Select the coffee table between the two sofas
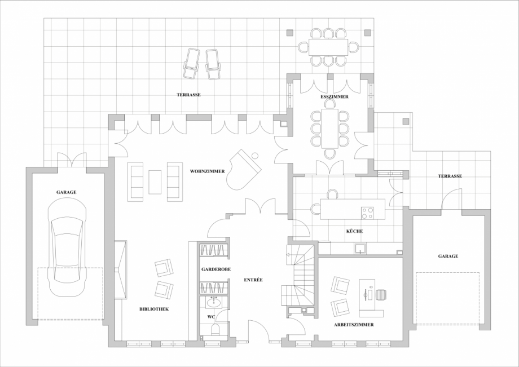[x=155, y=182]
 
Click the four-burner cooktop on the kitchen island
[x=368, y=213]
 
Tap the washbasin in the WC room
[x=213, y=303]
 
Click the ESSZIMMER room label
[x=334, y=97]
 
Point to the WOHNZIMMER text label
[x=208, y=171]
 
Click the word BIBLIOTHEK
[x=154, y=309]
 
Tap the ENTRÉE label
[x=253, y=280]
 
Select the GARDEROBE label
[x=216, y=270]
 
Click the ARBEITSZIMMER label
[x=354, y=325]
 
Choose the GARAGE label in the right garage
[x=448, y=256]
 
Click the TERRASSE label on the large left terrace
[x=188, y=95]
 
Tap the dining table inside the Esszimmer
[x=330, y=127]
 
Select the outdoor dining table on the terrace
[x=328, y=47]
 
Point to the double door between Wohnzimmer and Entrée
[x=259, y=207]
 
